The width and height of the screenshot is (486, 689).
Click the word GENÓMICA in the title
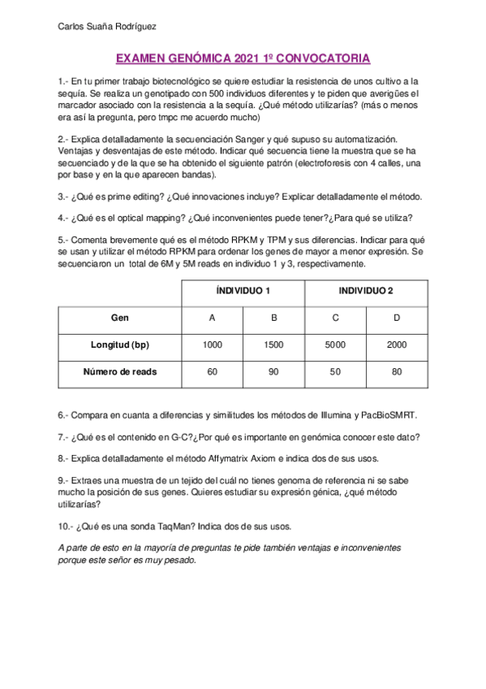196,58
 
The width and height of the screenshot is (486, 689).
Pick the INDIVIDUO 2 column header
366,291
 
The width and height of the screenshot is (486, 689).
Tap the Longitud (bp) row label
120,344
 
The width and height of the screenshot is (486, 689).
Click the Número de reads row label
120,372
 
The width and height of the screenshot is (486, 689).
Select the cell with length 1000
213,344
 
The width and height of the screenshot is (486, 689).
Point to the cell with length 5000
335,344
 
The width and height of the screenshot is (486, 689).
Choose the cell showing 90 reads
273,372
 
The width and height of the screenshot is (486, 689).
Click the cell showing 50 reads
335,372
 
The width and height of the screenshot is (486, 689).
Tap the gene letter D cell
396,318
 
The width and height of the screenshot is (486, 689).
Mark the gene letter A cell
213,318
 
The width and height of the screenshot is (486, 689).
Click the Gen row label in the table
120,318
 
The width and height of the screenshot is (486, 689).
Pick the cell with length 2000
396,344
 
